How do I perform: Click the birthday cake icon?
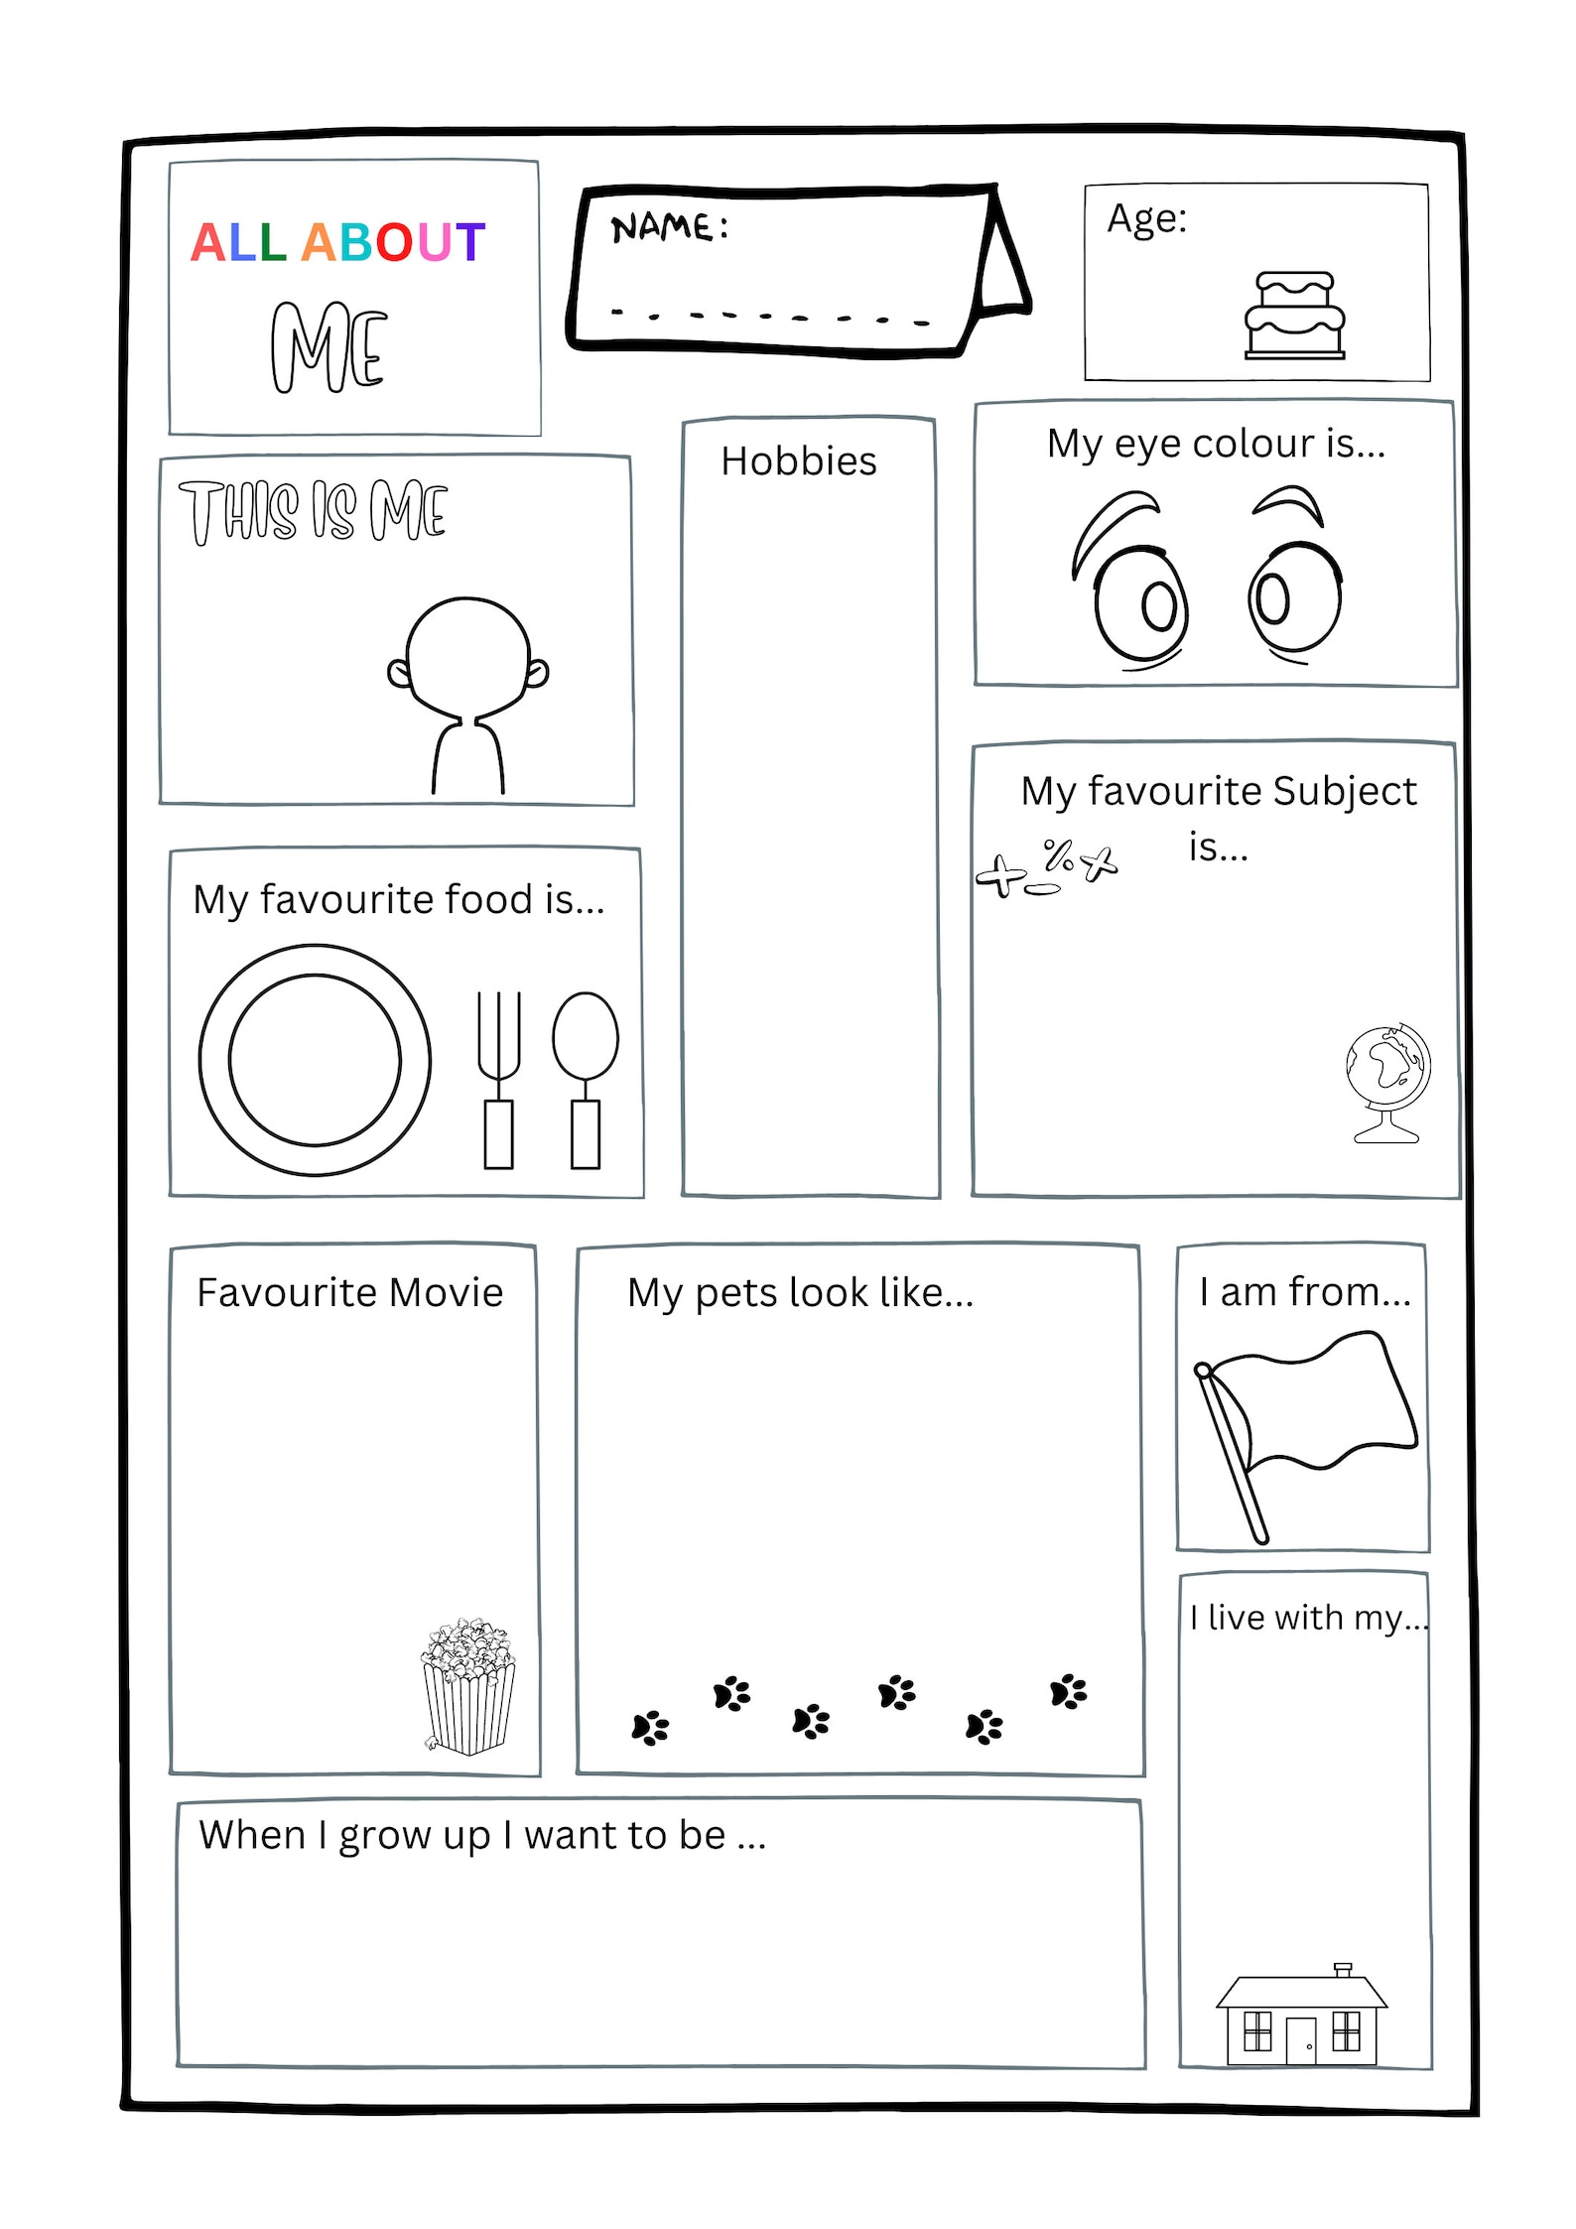pos(1294,315)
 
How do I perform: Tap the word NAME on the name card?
pos(661,227)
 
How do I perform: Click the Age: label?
pos(1146,218)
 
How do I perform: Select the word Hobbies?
pos(798,461)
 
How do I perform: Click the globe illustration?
pos(1387,1082)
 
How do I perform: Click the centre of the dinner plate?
pos(315,1060)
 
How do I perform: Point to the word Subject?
pos(1344,792)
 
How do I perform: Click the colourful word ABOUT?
pos(393,243)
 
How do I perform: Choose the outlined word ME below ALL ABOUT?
pos(328,347)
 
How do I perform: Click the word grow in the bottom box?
pos(384,1836)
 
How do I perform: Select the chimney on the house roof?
pos(1343,1970)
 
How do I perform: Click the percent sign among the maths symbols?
pos(1058,855)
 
